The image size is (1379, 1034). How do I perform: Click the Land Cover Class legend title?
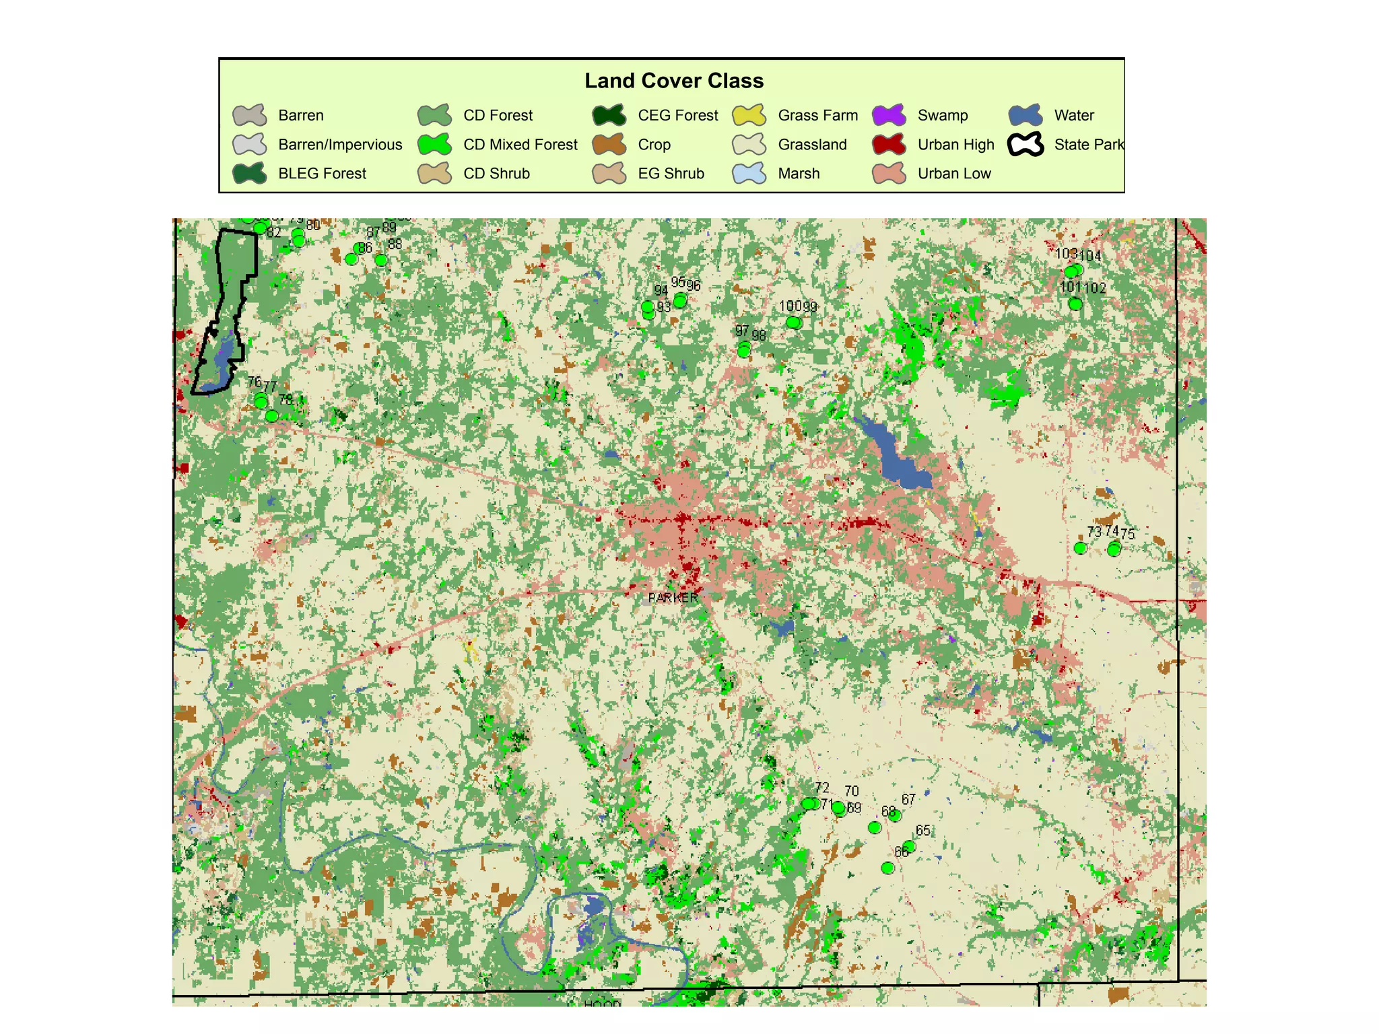pos(673,81)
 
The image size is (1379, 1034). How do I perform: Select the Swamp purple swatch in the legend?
pos(889,115)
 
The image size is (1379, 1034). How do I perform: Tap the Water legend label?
pos(1073,115)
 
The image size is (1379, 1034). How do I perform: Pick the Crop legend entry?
pos(653,145)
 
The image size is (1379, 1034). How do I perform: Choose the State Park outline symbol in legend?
pos(1025,145)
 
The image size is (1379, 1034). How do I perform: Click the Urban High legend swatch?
pos(889,145)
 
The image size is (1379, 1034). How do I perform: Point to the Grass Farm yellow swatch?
pos(749,115)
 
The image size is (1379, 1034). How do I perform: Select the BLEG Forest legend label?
pos(322,174)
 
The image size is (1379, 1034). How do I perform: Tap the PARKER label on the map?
pos(673,598)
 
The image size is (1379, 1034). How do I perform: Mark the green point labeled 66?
pos(887,868)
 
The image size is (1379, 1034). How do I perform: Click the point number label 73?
pos(1094,532)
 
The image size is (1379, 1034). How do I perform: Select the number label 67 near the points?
pos(908,799)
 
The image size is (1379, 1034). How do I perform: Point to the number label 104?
pos(1091,256)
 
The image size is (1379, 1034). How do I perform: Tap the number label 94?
pos(661,290)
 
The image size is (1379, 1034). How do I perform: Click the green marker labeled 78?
pos(272,416)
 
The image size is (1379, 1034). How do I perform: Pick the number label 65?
pos(923,831)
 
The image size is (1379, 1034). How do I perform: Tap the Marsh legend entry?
pos(798,174)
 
